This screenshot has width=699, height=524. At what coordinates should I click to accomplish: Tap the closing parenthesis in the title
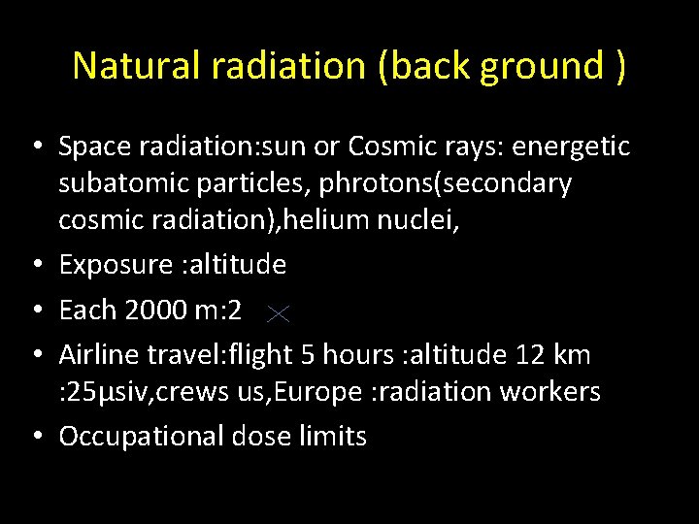619,66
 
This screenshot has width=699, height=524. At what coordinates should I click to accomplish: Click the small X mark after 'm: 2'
278,312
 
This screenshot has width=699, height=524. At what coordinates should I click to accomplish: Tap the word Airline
100,355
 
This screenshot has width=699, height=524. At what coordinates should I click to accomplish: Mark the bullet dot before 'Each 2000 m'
35,311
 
